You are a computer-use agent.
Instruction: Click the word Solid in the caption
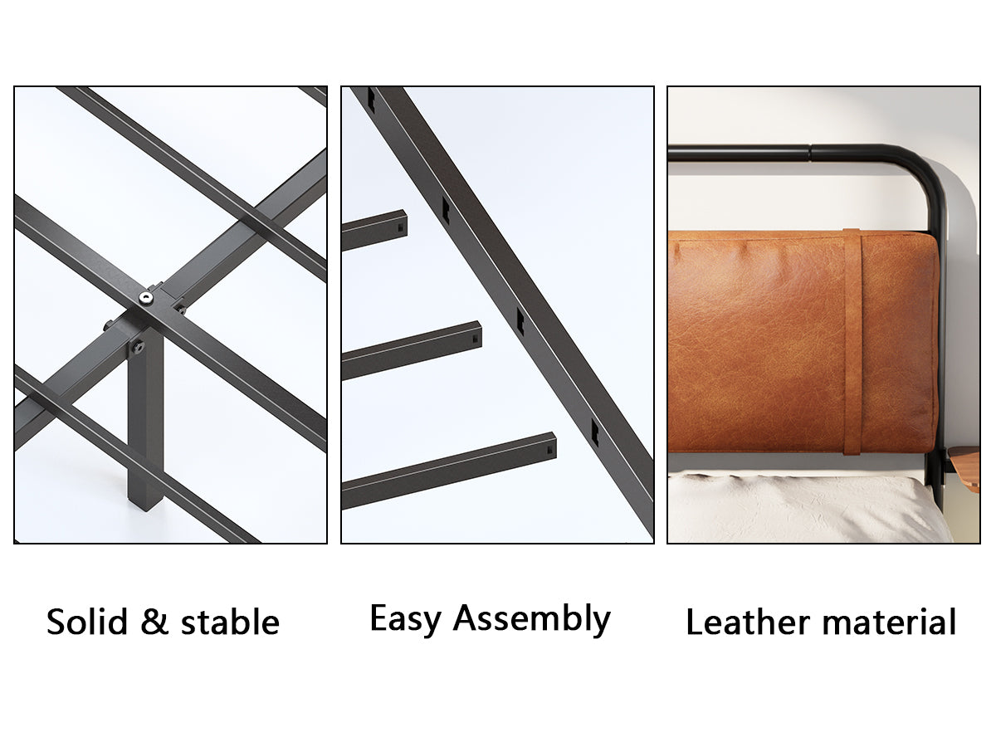86,622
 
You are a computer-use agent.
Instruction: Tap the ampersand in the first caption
154,622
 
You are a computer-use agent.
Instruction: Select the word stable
230,622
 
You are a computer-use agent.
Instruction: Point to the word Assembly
532,619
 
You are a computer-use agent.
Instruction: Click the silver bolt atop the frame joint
146,298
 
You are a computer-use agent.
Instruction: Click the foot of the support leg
145,501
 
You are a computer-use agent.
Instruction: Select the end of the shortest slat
401,224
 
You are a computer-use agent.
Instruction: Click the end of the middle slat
475,335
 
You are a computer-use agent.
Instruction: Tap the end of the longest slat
549,447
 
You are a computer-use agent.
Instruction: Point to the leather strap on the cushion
852,341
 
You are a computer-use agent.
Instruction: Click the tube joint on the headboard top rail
811,153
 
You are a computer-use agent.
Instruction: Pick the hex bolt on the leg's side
138,346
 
